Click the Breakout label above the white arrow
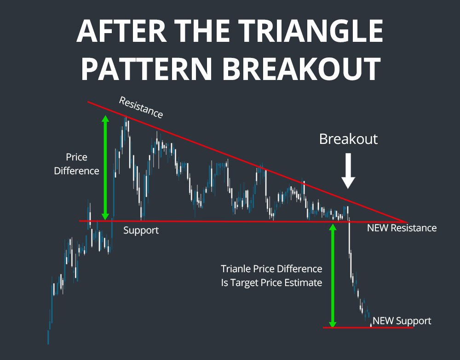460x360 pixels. point(348,139)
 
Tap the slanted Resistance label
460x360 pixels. point(141,107)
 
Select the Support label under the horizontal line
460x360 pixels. point(141,230)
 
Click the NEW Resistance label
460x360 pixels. point(402,228)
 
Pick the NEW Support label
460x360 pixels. point(402,321)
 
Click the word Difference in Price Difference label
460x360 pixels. point(76,171)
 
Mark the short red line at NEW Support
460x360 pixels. point(368,327)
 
